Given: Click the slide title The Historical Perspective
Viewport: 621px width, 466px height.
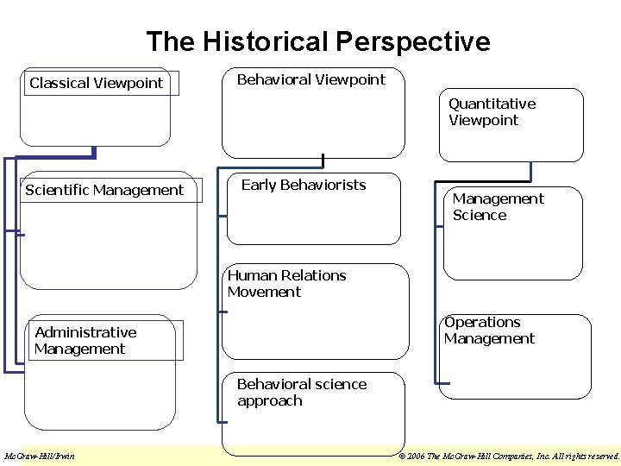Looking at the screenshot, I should point(317,41).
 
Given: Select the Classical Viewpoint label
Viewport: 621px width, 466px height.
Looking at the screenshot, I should point(96,84).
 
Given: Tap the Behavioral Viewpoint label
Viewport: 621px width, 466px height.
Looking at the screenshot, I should point(311,79).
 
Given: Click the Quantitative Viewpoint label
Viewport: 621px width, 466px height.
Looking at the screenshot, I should point(492,112).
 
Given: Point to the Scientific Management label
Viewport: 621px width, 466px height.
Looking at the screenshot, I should point(104,190).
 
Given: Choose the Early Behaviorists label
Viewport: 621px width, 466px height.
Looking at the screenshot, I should point(304,185).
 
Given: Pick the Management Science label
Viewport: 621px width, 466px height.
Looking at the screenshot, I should point(498,207).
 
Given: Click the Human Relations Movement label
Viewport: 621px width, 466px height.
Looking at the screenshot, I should point(286,284).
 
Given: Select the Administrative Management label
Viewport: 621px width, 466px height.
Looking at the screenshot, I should point(85,341).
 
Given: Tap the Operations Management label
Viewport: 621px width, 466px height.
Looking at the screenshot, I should point(489,331).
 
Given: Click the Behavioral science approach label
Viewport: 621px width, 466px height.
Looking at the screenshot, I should point(301,393).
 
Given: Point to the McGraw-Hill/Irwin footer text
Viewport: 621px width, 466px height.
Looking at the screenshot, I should point(40,456).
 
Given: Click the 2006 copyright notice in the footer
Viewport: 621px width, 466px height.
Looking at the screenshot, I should point(508,456).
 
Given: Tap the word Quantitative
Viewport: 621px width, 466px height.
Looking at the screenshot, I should point(492,104).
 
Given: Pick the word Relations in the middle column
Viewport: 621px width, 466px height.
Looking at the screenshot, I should point(314,275).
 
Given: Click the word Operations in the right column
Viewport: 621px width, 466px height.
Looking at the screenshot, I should point(482,322).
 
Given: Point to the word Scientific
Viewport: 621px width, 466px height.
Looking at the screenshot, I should point(60,190).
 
